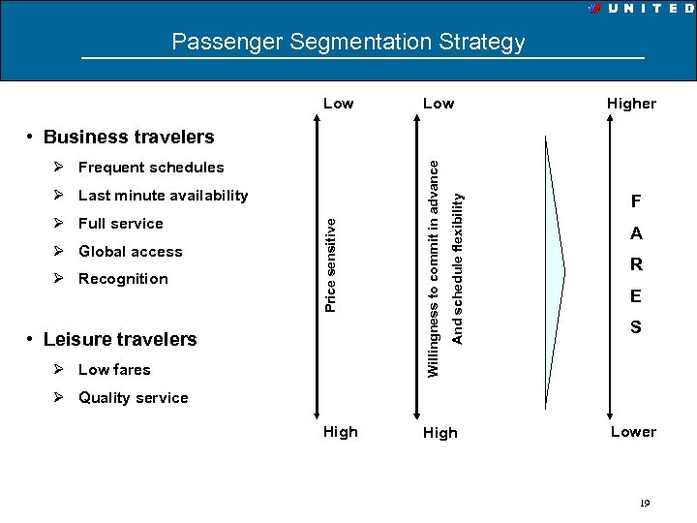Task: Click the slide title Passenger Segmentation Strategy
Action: [x=348, y=42]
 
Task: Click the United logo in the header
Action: [x=640, y=8]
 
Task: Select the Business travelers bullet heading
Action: [x=129, y=137]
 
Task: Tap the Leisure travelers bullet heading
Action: [x=120, y=339]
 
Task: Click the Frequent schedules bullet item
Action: [x=150, y=168]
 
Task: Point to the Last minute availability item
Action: [x=163, y=196]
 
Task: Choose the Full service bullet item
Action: [x=120, y=224]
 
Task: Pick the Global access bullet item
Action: [x=130, y=252]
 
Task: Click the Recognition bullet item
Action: [x=123, y=279]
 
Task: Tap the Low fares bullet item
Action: [x=114, y=369]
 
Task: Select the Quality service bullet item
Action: [x=133, y=397]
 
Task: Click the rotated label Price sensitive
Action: [x=330, y=263]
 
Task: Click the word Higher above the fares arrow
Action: [x=631, y=104]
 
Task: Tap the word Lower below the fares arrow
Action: [x=633, y=432]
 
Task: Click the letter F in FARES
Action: [x=636, y=202]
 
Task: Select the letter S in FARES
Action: [x=636, y=327]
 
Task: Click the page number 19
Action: [x=644, y=503]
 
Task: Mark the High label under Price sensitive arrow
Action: [x=340, y=432]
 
